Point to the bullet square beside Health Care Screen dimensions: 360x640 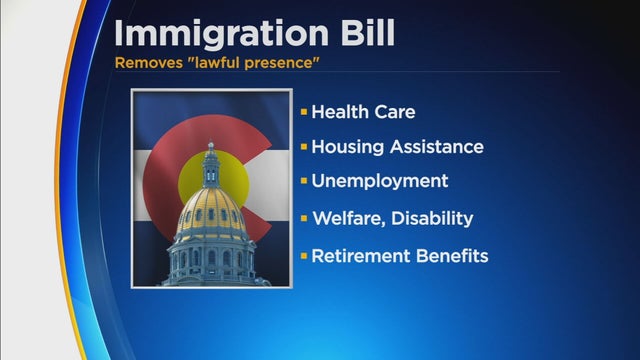point(302,111)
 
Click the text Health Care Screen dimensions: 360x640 point(362,111)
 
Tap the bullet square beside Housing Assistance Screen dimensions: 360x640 point(302,147)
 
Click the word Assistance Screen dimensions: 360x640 point(435,147)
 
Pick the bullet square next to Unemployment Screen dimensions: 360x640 point(302,183)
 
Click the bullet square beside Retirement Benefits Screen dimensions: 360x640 point(302,256)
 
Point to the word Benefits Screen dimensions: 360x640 point(449,256)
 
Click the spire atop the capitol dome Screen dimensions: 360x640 point(210,150)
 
